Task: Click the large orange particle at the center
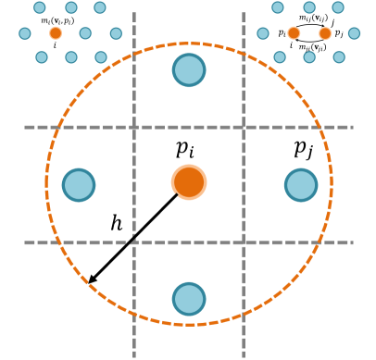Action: click(x=189, y=182)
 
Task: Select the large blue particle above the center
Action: click(x=189, y=69)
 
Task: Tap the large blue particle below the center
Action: click(x=189, y=299)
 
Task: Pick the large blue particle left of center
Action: click(x=79, y=185)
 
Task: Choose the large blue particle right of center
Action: click(x=301, y=185)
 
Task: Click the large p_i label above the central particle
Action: click(x=185, y=149)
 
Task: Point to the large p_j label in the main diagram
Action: click(x=304, y=149)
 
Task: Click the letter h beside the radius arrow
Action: click(x=116, y=224)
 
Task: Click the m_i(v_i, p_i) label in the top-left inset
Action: click(x=57, y=20)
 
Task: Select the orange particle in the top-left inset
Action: click(x=56, y=33)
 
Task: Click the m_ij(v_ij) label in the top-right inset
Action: click(x=313, y=19)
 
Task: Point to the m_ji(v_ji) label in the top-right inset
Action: click(x=312, y=47)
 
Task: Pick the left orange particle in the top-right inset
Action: click(x=294, y=33)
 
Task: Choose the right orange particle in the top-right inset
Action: click(x=325, y=33)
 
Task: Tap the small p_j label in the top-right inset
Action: click(x=339, y=34)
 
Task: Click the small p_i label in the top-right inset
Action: click(x=282, y=33)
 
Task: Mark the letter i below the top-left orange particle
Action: click(x=55, y=45)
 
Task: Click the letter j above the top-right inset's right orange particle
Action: click(x=332, y=22)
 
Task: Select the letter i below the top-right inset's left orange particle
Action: click(x=291, y=45)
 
